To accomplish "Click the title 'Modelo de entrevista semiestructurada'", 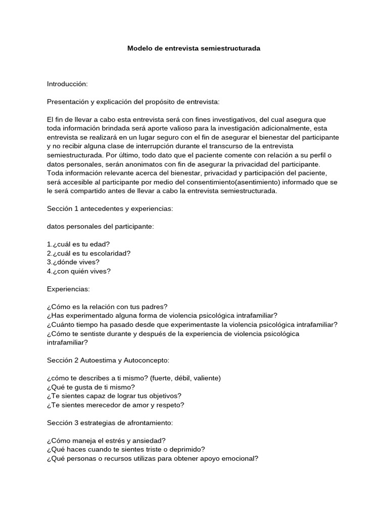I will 193,49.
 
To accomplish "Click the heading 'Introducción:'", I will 67,83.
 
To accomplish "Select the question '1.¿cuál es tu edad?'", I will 78,244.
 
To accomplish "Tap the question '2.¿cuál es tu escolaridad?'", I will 91,253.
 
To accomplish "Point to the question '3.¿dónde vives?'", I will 73,262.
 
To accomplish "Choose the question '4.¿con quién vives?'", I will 78,271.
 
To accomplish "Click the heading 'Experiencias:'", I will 68,289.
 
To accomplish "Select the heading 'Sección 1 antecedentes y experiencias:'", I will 109,209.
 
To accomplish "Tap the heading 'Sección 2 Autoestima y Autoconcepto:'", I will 108,360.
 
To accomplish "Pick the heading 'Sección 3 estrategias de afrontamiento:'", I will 110,422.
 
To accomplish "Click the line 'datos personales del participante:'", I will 100,227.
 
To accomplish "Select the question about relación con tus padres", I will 107,307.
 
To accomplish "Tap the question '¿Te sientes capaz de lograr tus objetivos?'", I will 114,396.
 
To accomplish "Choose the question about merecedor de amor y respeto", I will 116,405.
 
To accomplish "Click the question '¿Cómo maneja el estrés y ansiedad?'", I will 106,440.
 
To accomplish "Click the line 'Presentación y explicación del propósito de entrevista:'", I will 133,102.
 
